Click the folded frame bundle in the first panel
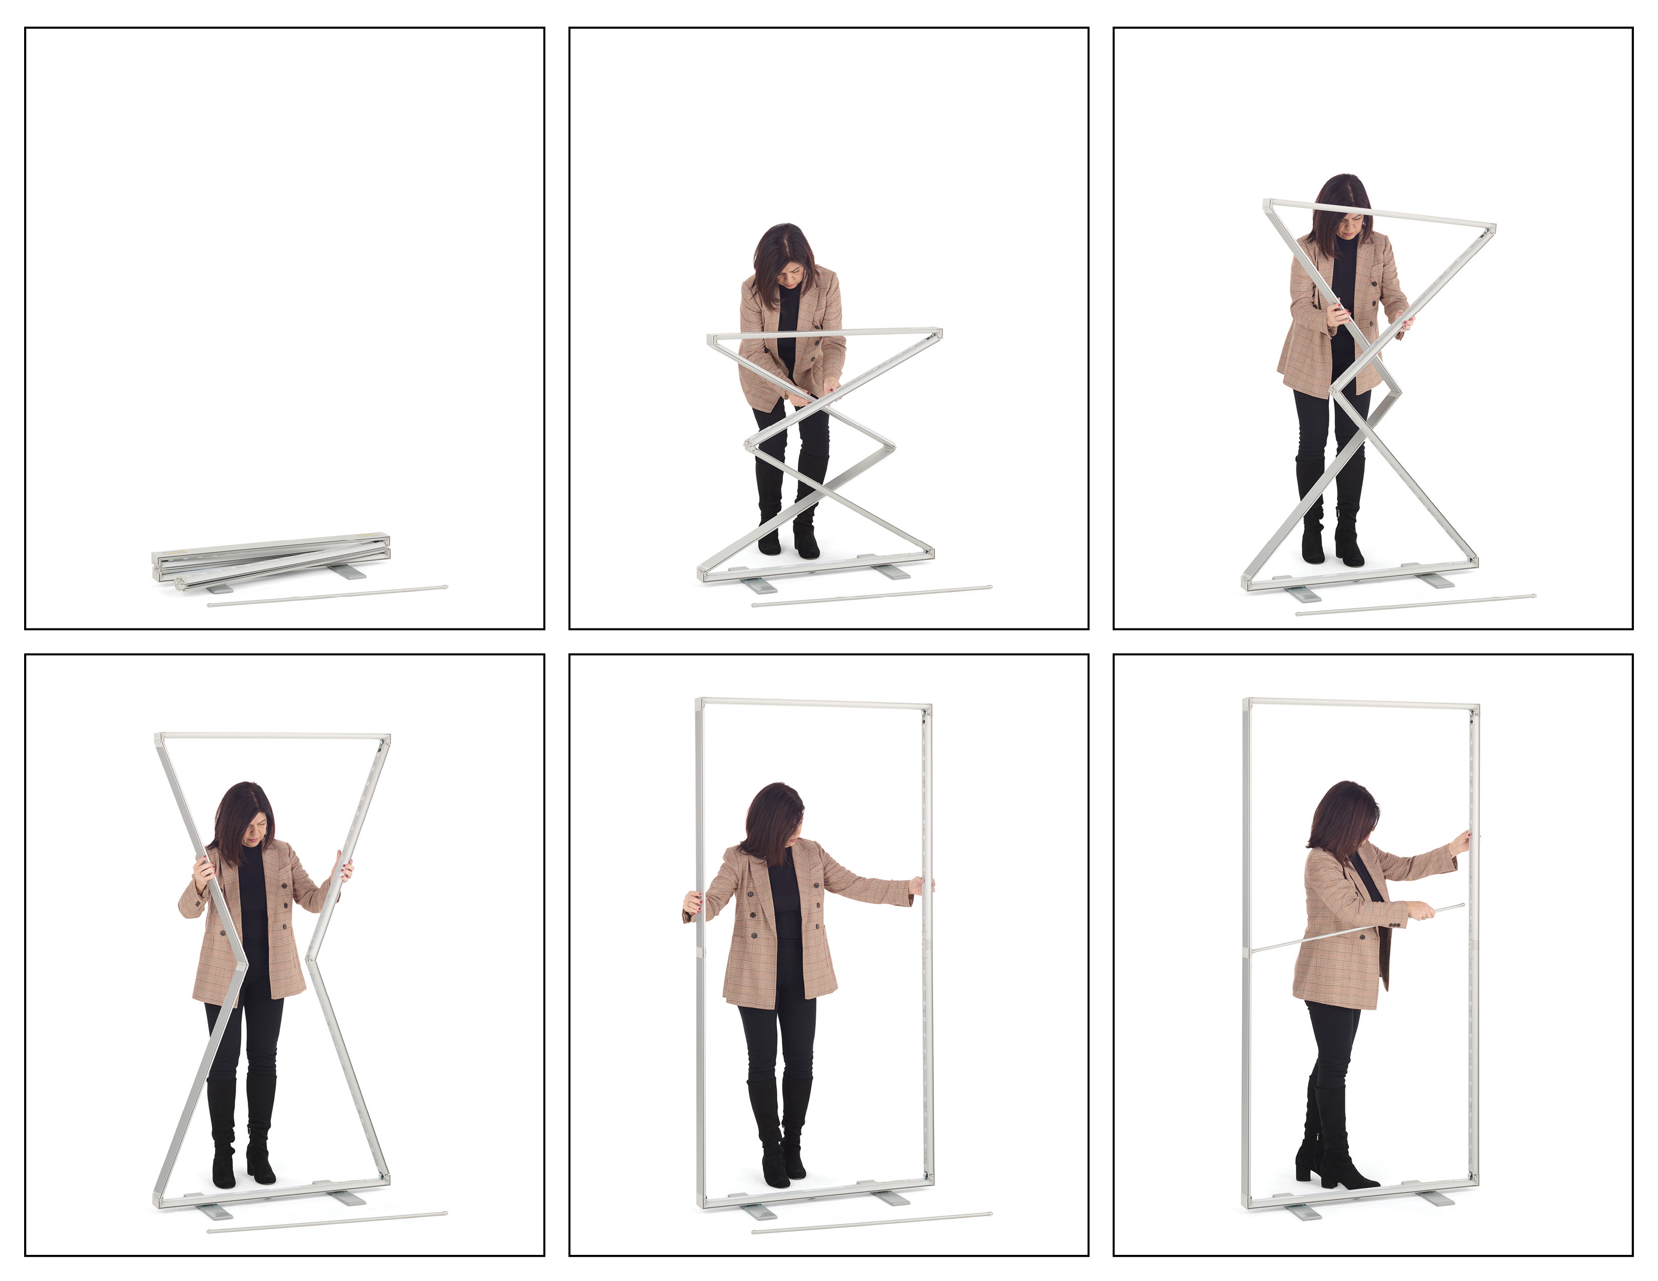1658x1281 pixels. [271, 558]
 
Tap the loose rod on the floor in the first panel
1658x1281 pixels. [327, 596]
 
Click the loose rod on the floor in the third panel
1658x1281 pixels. [1416, 604]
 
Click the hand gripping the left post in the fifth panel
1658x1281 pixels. [692, 902]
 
